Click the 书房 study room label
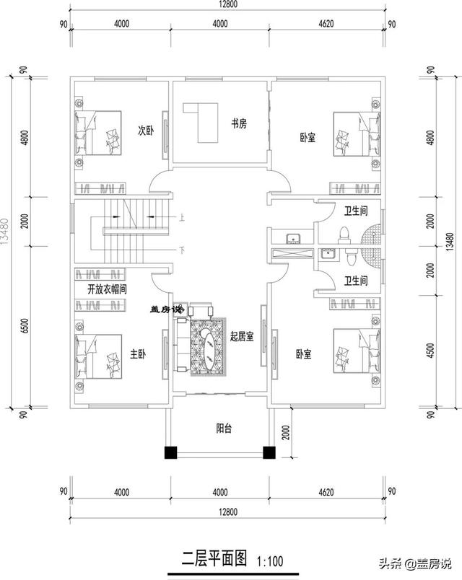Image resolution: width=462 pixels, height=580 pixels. pos(238,123)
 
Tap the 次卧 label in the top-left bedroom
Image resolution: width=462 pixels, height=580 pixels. pos(147,131)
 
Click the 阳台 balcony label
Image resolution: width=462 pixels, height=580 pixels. pos(224,427)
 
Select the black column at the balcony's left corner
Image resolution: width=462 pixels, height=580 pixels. pos(170,453)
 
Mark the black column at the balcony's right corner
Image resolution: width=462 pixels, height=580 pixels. pos(269,453)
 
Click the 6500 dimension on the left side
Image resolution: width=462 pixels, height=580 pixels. pos(25,326)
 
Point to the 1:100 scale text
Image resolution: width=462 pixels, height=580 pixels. pos(270,559)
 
